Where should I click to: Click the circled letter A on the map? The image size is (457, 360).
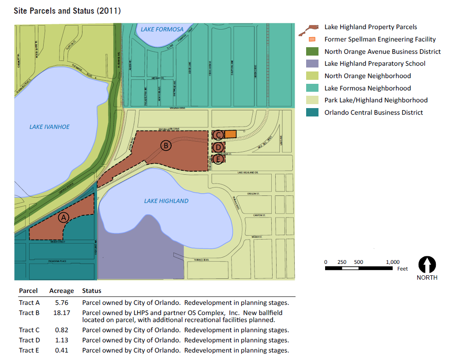[x=64, y=217]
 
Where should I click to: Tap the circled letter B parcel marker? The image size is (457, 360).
[x=165, y=146]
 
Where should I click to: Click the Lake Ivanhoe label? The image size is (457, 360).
[x=49, y=127]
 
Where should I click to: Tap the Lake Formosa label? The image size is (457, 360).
[x=162, y=30]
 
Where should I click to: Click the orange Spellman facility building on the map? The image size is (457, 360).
[x=231, y=134]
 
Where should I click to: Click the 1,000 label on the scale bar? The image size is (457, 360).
[x=393, y=262]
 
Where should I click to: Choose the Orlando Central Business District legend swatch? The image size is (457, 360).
[x=312, y=112]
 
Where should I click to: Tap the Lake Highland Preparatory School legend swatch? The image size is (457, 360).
[x=312, y=64]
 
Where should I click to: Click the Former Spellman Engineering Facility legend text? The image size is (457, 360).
[x=380, y=39]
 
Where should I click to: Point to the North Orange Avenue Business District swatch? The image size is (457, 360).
[x=312, y=52]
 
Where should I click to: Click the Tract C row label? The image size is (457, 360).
[x=29, y=330]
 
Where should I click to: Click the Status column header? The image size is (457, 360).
[x=91, y=291]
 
